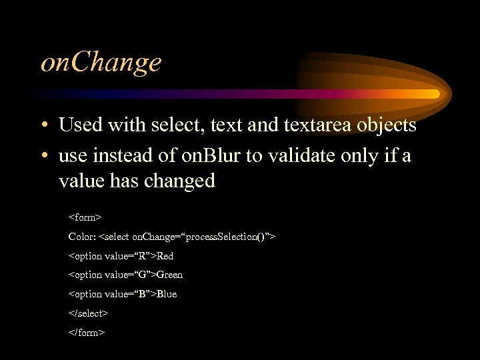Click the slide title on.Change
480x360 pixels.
coord(101,63)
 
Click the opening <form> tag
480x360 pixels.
coord(85,217)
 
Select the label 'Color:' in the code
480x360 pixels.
coord(82,237)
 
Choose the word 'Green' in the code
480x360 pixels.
coord(169,275)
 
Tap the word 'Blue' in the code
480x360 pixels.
coord(167,294)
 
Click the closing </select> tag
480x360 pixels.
coord(88,313)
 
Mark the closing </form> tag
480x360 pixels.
coord(87,332)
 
